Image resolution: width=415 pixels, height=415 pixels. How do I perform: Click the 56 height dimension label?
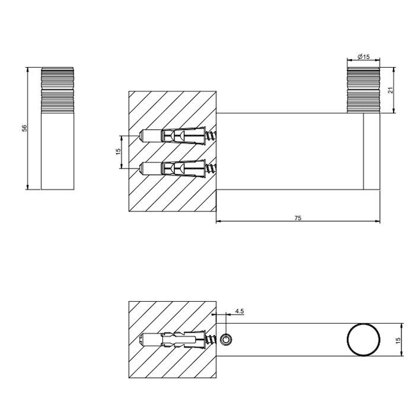(x=24, y=128)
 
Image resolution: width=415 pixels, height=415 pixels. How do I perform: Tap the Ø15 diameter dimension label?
(x=363, y=57)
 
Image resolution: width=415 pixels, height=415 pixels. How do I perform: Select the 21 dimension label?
(x=391, y=90)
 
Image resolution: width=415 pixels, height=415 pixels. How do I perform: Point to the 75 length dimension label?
(x=298, y=218)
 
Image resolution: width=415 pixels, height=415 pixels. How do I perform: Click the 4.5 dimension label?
(x=240, y=311)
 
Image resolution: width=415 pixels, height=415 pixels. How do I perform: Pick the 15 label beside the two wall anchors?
(x=118, y=151)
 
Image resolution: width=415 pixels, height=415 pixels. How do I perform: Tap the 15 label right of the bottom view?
(x=398, y=340)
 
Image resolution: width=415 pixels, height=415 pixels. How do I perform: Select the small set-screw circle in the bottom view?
(x=226, y=340)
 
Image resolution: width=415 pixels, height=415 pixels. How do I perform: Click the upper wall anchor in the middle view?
(x=173, y=136)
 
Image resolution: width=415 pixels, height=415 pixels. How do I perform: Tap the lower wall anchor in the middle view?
(x=173, y=168)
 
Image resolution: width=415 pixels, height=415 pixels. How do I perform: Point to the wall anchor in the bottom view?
(x=173, y=340)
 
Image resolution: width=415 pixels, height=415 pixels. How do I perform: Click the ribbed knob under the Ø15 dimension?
(x=363, y=90)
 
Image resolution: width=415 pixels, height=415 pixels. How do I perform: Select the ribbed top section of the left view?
(x=58, y=90)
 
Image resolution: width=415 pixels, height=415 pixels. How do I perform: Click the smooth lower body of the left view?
(x=58, y=151)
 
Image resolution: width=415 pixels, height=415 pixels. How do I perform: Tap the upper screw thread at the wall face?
(x=211, y=136)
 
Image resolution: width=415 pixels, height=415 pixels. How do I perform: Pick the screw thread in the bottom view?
(x=211, y=340)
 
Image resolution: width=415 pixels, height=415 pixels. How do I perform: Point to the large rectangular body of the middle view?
(x=290, y=151)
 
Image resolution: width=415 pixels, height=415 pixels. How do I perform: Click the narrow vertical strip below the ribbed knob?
(x=372, y=151)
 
